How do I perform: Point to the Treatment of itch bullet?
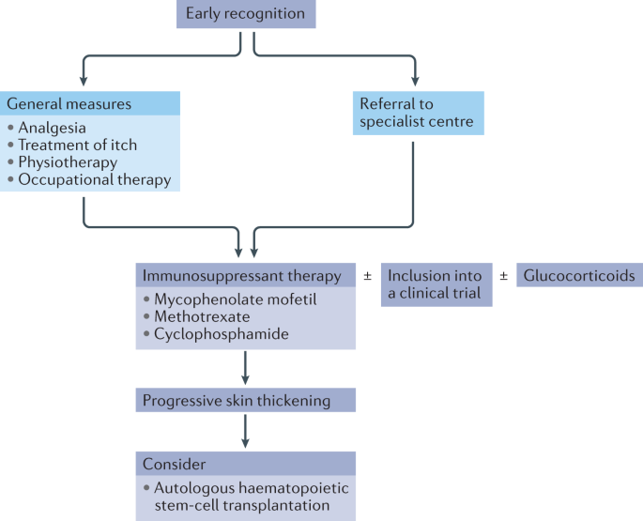(x=77, y=145)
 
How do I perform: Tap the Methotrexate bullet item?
(x=202, y=316)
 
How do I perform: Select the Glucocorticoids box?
(x=579, y=275)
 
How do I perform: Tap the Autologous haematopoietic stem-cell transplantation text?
(x=239, y=495)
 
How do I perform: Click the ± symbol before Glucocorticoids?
(x=503, y=276)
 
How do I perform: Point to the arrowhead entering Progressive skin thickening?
(x=245, y=382)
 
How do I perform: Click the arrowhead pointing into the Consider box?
(x=245, y=444)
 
